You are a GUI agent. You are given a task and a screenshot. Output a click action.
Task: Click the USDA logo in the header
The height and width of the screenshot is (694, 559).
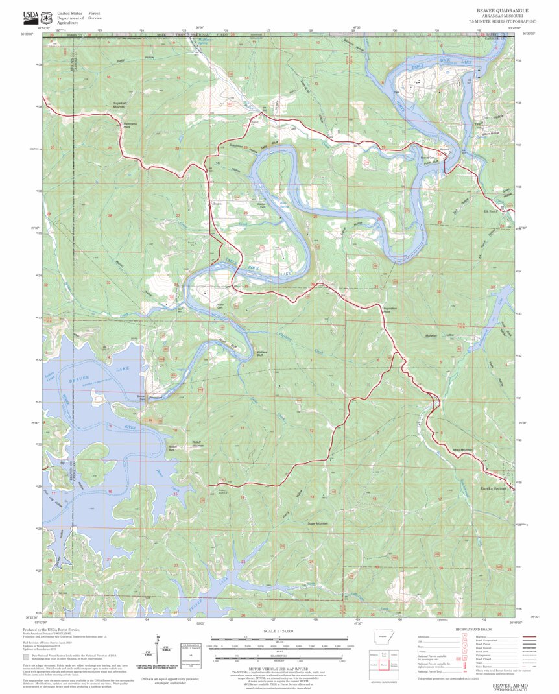pyautogui.click(x=30, y=17)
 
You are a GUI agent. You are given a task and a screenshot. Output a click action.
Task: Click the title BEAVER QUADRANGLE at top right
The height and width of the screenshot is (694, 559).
pyautogui.click(x=502, y=11)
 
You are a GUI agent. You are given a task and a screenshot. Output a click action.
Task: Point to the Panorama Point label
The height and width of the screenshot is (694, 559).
pyautogui.click(x=130, y=125)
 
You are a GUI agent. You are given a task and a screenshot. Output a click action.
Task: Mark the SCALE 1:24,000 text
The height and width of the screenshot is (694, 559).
pyautogui.click(x=279, y=630)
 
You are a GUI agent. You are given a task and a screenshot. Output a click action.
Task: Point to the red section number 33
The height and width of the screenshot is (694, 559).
pyautogui.click(x=109, y=283)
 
